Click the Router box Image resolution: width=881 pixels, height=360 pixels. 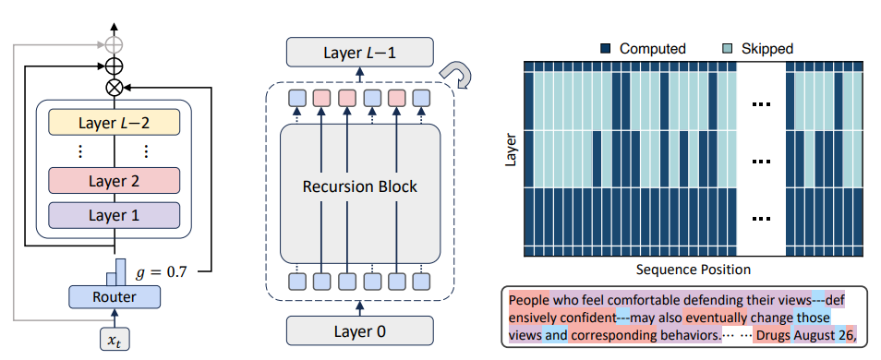point(115,296)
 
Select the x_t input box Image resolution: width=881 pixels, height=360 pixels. point(115,339)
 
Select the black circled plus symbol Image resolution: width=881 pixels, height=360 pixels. point(115,66)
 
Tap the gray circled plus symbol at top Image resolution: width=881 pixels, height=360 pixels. point(115,44)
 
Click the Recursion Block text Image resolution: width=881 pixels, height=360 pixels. point(359,186)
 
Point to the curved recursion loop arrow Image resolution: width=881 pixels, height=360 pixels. point(457,75)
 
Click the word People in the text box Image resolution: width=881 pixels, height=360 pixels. point(529,300)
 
